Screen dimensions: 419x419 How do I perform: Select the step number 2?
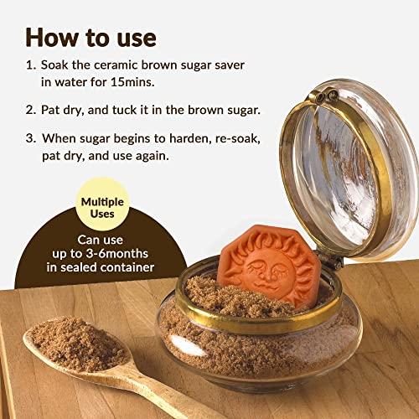click(x=30, y=110)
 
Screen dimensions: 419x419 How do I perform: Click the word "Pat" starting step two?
click(x=52, y=110)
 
